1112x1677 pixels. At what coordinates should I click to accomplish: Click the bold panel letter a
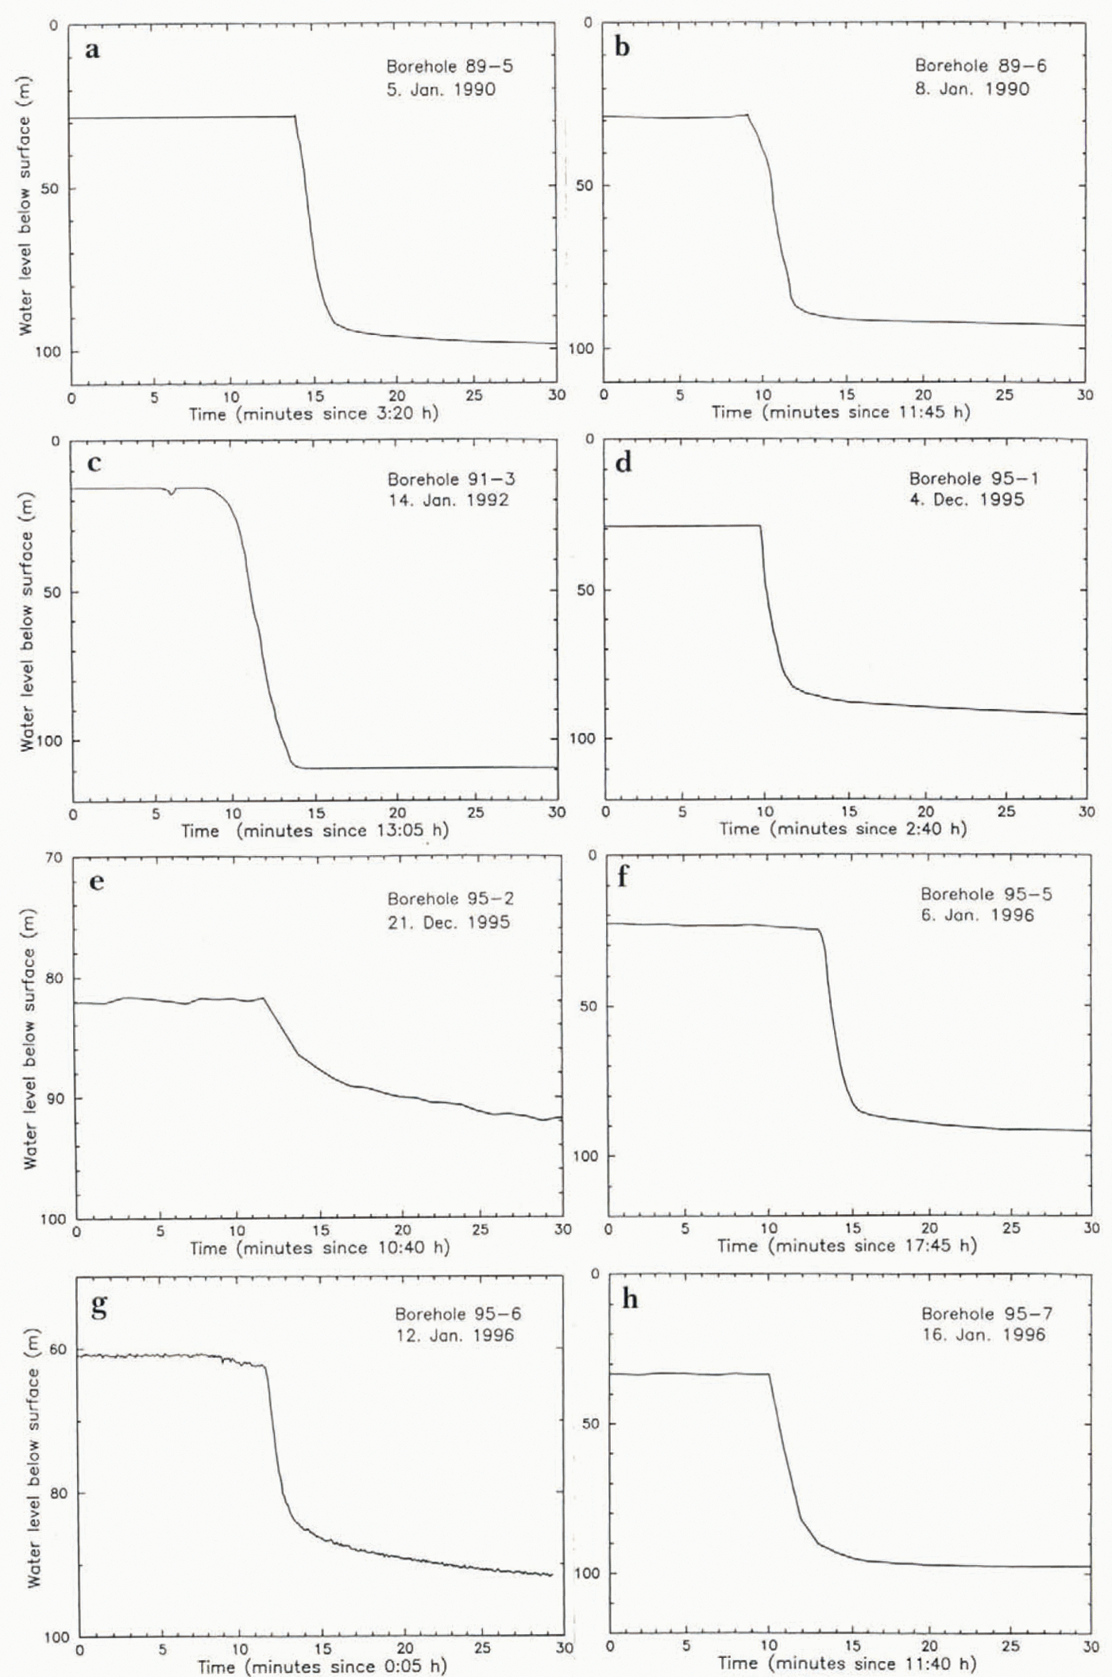[x=92, y=50]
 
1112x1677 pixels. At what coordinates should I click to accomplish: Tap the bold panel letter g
[x=98, y=1305]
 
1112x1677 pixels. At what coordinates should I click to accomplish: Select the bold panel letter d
[x=624, y=462]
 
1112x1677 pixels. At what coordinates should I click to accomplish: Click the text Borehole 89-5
[x=450, y=67]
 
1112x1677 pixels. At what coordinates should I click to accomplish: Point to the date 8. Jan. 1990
[x=971, y=89]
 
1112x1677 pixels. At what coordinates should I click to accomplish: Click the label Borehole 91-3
[x=450, y=480]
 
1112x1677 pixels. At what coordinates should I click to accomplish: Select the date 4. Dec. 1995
[x=967, y=500]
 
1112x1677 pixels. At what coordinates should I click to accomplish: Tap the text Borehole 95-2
[x=450, y=899]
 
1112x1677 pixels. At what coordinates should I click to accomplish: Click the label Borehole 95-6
[x=458, y=1314]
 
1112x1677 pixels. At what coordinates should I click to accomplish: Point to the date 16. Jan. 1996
[x=983, y=1335]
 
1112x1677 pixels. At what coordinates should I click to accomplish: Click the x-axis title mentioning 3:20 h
[x=313, y=414]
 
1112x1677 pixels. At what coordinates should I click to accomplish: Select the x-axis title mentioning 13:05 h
[x=315, y=831]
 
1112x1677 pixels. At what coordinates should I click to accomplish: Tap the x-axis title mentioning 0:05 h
[x=322, y=1665]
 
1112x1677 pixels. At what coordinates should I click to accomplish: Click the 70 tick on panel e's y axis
[x=53, y=858]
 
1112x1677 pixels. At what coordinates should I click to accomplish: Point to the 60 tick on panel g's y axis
[x=58, y=1349]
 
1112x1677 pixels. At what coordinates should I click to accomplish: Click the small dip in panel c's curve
[x=172, y=493]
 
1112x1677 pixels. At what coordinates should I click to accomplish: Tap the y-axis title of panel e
[x=30, y=1038]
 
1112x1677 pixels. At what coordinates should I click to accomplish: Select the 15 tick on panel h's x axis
[x=851, y=1645]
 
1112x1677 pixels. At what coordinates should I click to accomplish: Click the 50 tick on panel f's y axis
[x=588, y=1006]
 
